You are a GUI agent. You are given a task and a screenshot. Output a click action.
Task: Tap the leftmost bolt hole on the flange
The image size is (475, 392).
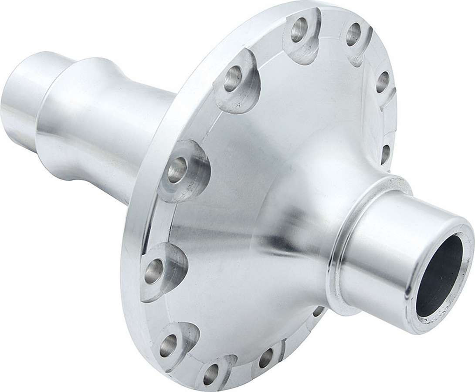154,270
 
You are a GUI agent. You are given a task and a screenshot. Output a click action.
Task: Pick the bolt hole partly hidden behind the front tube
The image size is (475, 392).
319,311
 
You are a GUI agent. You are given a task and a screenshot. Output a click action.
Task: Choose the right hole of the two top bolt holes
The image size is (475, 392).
353,34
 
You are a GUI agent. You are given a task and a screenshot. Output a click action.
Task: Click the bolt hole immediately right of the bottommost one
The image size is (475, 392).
265,358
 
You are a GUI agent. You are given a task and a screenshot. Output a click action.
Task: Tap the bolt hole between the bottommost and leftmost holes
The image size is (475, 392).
168,345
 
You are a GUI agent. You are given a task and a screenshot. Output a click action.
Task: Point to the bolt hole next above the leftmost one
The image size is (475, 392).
178,169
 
